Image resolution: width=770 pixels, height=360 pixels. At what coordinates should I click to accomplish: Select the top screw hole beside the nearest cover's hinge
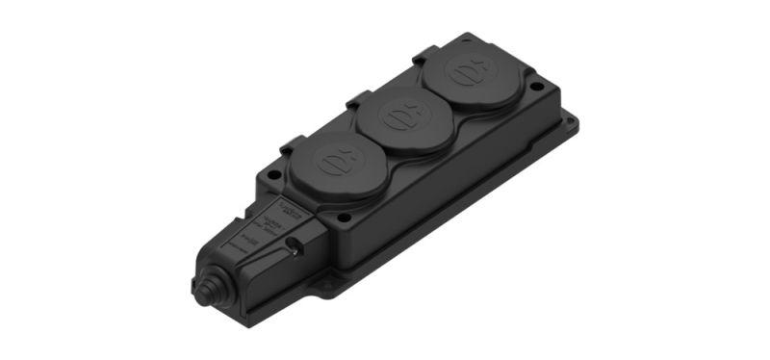point(275,175)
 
